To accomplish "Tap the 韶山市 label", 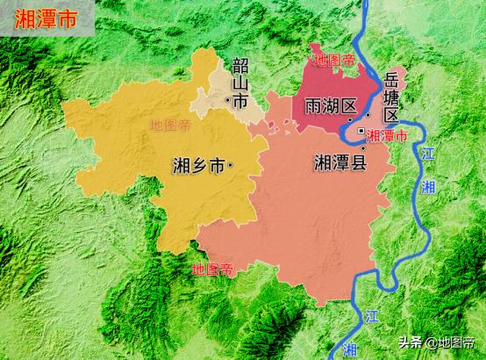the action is click(x=239, y=85).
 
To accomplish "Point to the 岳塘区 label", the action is click(x=391, y=98).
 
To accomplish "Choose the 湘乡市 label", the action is click(x=197, y=164).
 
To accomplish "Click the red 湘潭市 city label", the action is click(x=387, y=136).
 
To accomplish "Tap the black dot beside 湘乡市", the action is click(x=230, y=164).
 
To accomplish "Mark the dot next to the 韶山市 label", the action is click(x=228, y=103).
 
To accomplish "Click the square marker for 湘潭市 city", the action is click(x=361, y=132).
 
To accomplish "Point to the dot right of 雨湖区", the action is click(x=351, y=119).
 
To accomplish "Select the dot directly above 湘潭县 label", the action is click(x=361, y=148).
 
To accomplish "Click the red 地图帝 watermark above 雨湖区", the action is click(x=334, y=61).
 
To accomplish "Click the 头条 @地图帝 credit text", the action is click(x=443, y=342).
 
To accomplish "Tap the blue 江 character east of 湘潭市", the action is click(x=427, y=154).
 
